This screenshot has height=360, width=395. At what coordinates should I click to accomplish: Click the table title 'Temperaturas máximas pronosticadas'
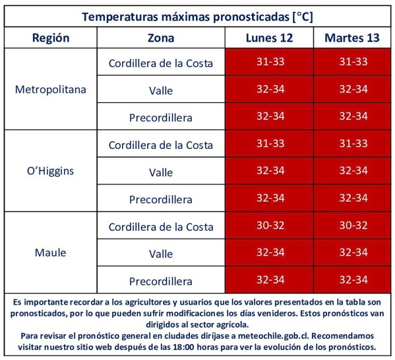pyautogui.click(x=197, y=15)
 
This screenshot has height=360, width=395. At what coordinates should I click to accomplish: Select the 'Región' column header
pyautogui.click(x=51, y=38)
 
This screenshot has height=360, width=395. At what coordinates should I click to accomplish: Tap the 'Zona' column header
pyautogui.click(x=160, y=38)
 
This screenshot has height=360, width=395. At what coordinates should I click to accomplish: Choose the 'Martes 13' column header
pyautogui.click(x=352, y=38)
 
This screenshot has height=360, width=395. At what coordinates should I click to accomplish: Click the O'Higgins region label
pyautogui.click(x=51, y=171)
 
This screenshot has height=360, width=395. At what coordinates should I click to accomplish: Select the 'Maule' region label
pyautogui.click(x=51, y=253)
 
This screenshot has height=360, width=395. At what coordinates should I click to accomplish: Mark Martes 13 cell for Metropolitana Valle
pyautogui.click(x=352, y=89)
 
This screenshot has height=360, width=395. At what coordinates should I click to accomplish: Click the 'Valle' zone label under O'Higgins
pyautogui.click(x=160, y=172)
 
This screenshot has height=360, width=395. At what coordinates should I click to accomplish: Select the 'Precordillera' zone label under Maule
pyautogui.click(x=160, y=281)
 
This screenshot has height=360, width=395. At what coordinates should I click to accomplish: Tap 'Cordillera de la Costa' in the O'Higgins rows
pyautogui.click(x=160, y=144)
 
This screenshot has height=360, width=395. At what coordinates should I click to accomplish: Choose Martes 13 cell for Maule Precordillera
pyautogui.click(x=352, y=280)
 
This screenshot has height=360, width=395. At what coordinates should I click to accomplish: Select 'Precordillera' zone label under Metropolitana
pyautogui.click(x=160, y=117)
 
